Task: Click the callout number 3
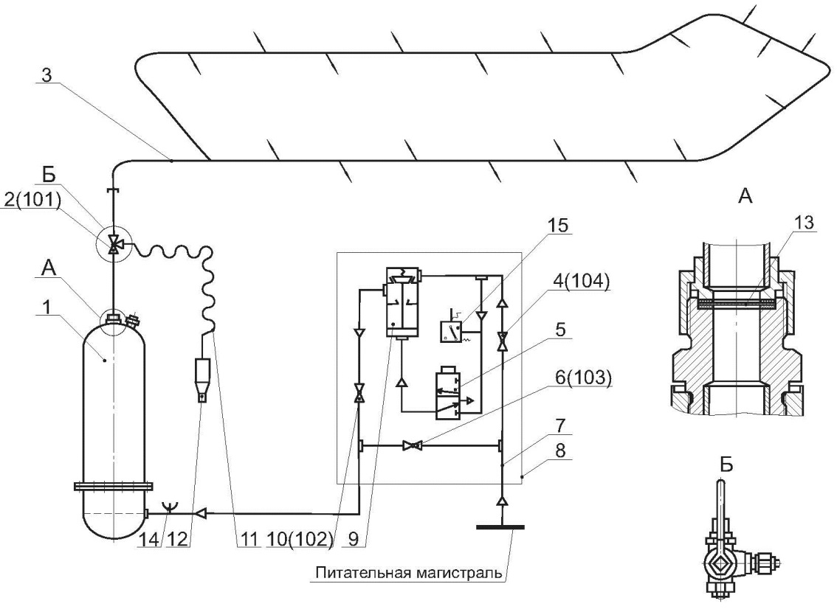pyautogui.click(x=47, y=75)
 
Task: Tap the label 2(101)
pyautogui.click(x=32, y=201)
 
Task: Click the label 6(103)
pyautogui.click(x=582, y=378)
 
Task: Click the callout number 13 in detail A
pyautogui.click(x=803, y=222)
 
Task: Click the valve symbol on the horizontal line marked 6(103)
pyautogui.click(x=412, y=445)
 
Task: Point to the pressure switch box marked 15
pyautogui.click(x=451, y=332)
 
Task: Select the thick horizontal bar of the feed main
pyautogui.click(x=500, y=527)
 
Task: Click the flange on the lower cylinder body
pyautogui.click(x=113, y=486)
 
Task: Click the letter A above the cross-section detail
pyautogui.click(x=745, y=196)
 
